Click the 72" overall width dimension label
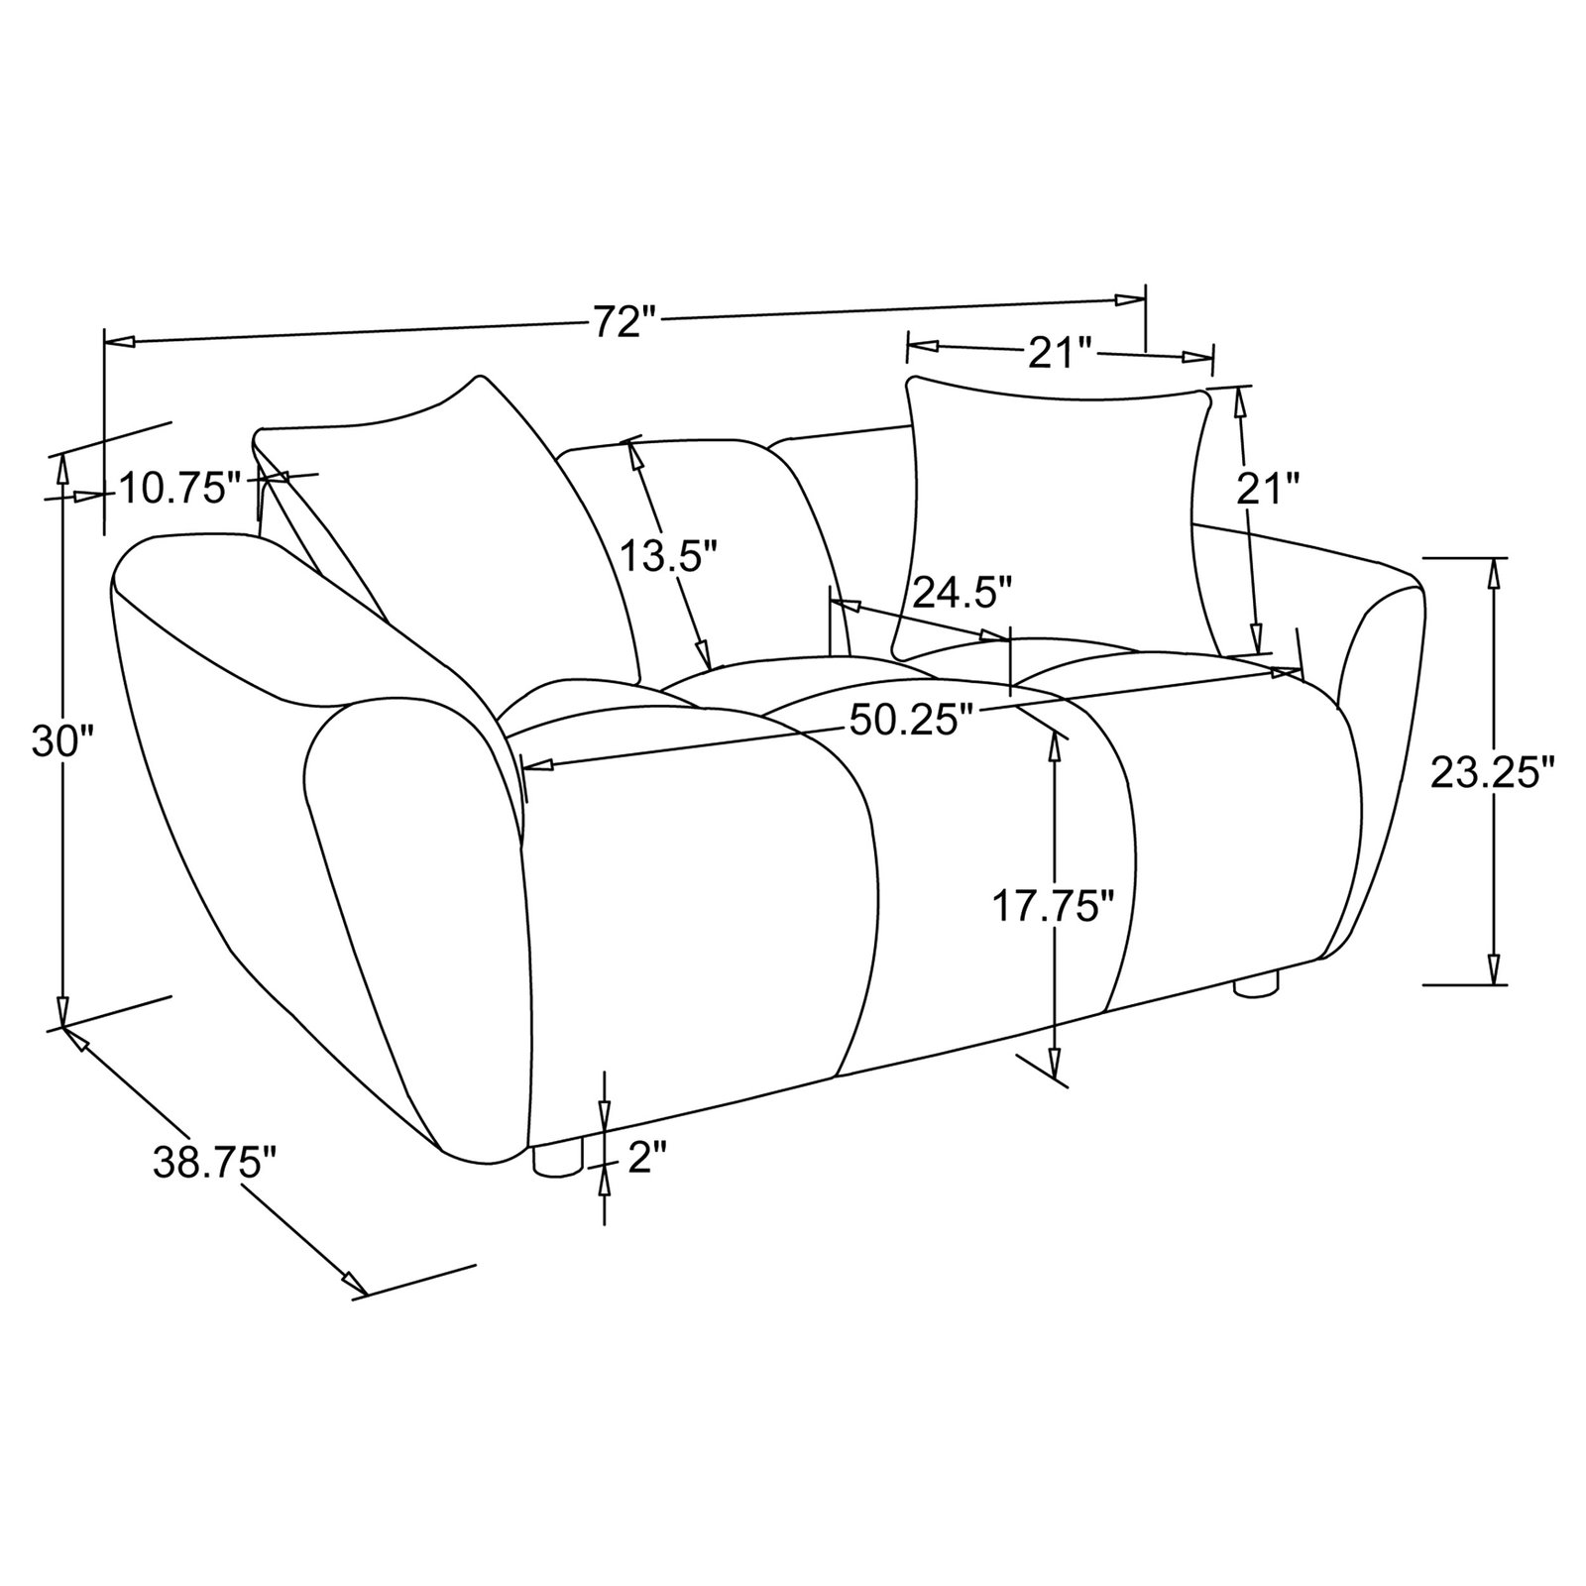click(625, 322)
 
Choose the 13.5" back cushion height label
click(668, 555)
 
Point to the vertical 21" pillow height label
click(1265, 489)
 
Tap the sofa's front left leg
click(555, 1161)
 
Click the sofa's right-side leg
click(1255, 984)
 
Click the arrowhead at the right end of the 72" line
click(1132, 300)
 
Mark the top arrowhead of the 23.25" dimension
click(1493, 572)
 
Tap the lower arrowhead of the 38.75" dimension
click(354, 1282)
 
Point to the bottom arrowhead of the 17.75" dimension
click(1055, 1067)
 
